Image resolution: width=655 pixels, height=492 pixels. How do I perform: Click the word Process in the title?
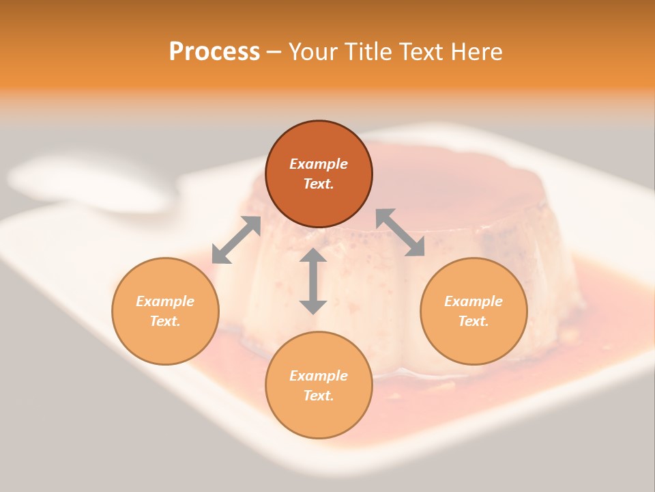214,52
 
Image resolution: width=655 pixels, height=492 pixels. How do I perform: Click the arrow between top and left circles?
236,240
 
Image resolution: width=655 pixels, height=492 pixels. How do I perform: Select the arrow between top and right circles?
401,232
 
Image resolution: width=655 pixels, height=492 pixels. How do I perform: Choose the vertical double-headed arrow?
313,281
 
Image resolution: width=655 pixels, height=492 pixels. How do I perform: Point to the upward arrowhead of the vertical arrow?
313,256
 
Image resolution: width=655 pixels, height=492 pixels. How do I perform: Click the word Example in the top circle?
319,164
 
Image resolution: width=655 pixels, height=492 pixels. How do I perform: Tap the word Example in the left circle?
165,301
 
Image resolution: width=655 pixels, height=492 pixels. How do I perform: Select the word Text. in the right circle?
474,321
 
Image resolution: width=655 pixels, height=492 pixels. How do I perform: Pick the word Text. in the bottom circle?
319,396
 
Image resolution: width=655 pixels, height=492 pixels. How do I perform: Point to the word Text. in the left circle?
165,321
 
